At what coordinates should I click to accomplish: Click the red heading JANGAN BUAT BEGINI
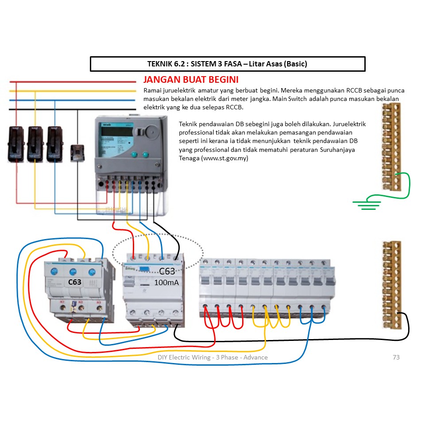(x=191, y=80)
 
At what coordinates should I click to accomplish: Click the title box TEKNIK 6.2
(x=227, y=64)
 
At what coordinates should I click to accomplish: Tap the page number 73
(x=396, y=357)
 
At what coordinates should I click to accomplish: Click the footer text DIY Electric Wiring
(x=212, y=357)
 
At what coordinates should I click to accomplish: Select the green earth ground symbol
(x=367, y=203)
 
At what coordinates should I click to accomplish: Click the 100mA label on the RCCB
(x=166, y=282)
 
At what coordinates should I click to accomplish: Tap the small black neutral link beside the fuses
(x=78, y=153)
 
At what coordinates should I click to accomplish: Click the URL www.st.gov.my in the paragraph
(x=224, y=158)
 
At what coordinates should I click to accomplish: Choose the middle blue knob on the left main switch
(x=73, y=272)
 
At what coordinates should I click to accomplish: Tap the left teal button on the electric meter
(x=133, y=155)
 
